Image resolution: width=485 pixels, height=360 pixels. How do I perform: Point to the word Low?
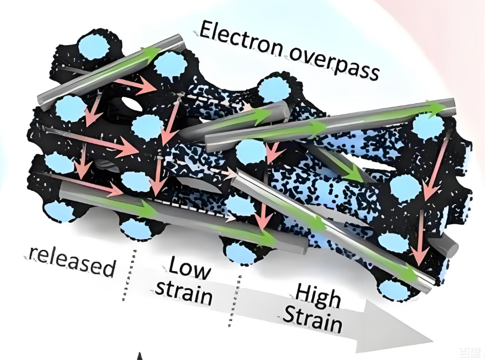pos(189,268)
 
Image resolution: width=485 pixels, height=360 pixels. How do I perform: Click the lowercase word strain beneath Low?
pos(184,292)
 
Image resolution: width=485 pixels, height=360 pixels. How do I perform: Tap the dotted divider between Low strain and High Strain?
pos(234,301)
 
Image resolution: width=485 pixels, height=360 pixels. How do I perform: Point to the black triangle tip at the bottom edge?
pos(140,356)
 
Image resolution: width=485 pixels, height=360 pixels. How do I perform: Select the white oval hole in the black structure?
pos(131,104)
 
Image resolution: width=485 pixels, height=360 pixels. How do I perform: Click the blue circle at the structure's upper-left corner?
pos(94,47)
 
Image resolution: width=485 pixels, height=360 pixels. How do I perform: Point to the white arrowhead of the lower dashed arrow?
pos(230,218)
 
